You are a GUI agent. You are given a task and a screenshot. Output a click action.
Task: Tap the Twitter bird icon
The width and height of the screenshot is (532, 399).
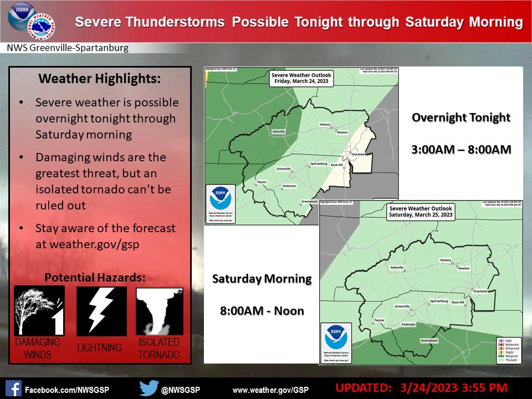tap(149, 388)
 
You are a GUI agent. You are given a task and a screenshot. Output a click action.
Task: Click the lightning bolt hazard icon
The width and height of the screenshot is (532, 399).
tap(101, 311)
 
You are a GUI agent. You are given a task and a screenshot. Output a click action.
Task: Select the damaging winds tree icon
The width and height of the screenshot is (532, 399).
tap(39, 311)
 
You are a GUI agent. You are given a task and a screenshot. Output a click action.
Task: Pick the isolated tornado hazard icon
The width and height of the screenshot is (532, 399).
tap(159, 311)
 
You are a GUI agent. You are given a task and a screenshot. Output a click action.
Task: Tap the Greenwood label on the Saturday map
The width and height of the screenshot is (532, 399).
tap(429, 340)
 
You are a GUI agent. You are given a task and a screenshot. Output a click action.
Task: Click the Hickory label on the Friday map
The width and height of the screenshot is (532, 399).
tap(325, 125)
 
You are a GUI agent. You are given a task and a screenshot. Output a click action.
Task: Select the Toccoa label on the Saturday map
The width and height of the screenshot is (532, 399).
tap(379, 320)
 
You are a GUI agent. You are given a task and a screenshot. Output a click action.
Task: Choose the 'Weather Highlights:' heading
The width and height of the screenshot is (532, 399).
tap(100, 79)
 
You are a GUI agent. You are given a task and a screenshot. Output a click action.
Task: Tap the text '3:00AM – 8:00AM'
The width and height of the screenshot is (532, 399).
tap(461, 150)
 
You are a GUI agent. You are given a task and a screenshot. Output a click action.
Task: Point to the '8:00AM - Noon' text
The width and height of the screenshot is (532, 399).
tap(262, 310)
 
